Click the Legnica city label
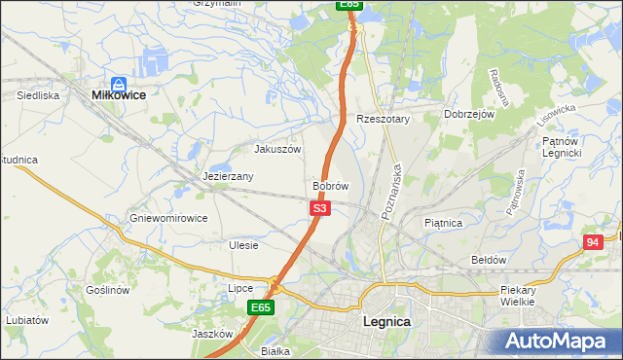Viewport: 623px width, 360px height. click(x=385, y=321)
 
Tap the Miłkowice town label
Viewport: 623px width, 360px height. click(x=118, y=95)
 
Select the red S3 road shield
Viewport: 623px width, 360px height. click(x=321, y=208)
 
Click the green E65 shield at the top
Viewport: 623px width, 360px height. click(x=350, y=5)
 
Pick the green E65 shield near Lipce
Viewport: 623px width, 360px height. click(x=260, y=307)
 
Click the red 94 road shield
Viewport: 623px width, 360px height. click(x=592, y=241)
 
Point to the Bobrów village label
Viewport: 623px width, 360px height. click(x=330, y=185)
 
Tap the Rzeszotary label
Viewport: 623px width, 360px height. click(x=384, y=119)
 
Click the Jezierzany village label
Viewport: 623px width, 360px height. click(x=229, y=176)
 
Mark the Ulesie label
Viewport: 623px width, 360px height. click(x=243, y=245)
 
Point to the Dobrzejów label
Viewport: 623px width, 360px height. click(x=470, y=114)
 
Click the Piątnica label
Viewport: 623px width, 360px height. click(x=444, y=223)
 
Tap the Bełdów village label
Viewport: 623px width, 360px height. click(x=489, y=260)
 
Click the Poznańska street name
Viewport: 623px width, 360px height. click(x=394, y=192)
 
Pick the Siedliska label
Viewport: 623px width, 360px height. click(x=39, y=95)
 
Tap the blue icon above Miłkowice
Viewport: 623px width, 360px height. click(x=118, y=84)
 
